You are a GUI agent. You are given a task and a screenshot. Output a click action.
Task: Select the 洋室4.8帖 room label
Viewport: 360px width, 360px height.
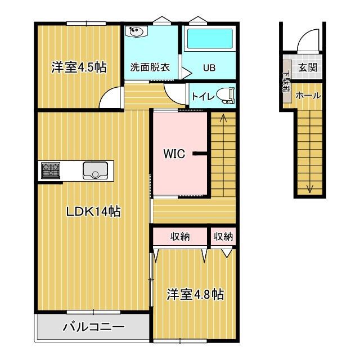[195, 294]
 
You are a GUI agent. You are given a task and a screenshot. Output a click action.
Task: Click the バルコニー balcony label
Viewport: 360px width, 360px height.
[93, 326]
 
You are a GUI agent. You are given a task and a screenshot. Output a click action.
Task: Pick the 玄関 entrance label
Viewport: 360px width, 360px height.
[308, 67]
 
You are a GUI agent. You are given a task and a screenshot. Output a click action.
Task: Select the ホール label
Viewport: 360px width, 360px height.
[308, 96]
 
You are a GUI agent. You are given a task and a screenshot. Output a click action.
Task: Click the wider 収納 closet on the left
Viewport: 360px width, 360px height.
[180, 237]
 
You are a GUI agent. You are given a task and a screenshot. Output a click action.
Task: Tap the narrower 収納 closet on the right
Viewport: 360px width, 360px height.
[223, 237]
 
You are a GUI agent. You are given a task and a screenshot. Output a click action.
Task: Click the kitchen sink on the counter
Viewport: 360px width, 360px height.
[96, 169]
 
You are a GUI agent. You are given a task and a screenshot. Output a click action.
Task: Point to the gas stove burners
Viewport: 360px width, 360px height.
[51, 169]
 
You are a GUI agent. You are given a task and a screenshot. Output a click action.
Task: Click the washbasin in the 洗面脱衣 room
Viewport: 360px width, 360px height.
[137, 31]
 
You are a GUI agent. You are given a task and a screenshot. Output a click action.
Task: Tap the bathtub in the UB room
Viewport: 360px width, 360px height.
[209, 40]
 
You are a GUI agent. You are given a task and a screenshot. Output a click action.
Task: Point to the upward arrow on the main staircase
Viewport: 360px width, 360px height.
[223, 118]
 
